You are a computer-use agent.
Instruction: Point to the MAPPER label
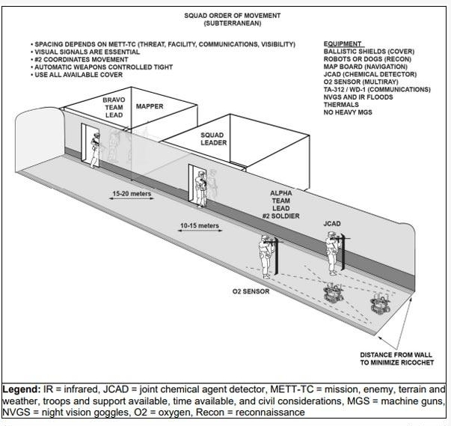point(150,106)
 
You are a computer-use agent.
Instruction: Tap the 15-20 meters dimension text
point(131,194)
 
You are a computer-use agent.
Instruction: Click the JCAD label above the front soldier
point(333,223)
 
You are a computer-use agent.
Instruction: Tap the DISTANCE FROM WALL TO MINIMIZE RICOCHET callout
point(398,359)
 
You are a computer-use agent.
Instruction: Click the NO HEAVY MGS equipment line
point(348,112)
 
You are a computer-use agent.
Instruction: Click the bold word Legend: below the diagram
point(20,389)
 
